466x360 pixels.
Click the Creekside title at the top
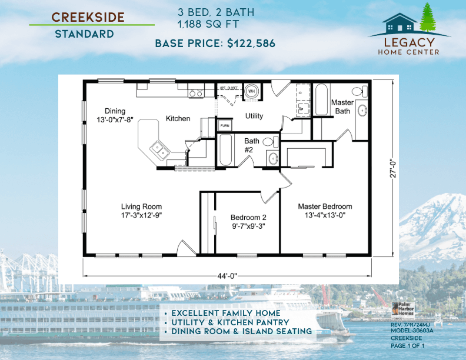88,16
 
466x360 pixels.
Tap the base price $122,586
215,43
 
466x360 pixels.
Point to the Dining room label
115,111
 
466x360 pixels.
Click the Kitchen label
178,119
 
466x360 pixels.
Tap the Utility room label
254,116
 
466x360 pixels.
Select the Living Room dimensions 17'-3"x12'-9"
141,215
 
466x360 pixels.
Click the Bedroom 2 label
248,218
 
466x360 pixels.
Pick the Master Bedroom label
325,206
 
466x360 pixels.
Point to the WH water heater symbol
251,91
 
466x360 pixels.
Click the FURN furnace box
225,126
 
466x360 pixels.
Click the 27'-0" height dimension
392,166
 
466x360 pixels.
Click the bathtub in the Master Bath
322,100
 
